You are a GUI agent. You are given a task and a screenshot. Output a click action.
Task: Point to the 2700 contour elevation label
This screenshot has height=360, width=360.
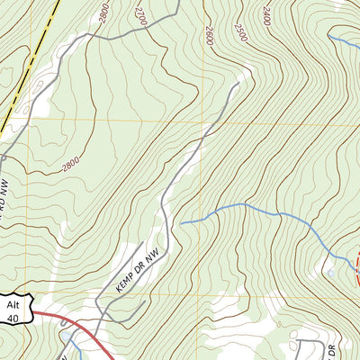pos(139,15)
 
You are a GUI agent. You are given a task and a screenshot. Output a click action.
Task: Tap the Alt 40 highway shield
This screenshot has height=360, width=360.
pos(14,309)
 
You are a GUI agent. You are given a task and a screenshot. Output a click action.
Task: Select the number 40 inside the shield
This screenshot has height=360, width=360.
pos(13,317)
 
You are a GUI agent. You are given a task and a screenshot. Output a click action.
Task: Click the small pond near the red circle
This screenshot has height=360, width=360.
pos(331,273)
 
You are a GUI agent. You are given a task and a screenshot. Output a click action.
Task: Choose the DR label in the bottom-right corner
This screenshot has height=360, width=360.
pos(330,346)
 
